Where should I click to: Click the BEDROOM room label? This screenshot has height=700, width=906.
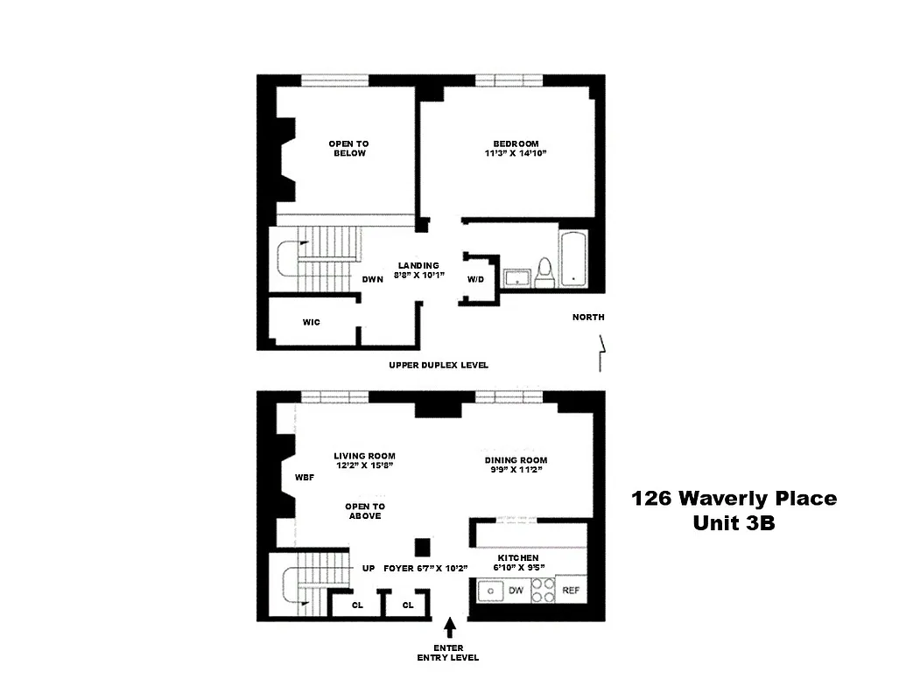pos(516,143)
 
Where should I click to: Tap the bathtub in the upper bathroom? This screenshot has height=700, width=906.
pos(572,260)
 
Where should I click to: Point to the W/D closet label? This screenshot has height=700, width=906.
pos(475,280)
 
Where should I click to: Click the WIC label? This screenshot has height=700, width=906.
pos(311,322)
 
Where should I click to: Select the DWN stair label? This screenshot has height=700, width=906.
pos(373,280)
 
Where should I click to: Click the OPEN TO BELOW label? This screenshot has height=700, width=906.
pos(348,149)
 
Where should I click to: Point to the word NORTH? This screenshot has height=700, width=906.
pos(588,317)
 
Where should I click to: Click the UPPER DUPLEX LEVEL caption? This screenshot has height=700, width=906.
pos(439,365)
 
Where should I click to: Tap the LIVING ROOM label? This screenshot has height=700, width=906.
pos(364,456)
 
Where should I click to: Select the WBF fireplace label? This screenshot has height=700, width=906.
pos(305,478)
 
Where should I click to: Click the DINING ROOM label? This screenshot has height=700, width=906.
pos(516,460)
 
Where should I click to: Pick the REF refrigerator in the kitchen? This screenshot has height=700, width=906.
pos(570,591)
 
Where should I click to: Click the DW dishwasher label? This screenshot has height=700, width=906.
pos(516,591)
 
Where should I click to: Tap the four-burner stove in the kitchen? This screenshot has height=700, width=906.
pos(543,591)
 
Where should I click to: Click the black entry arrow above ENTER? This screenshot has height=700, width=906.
pos(451,627)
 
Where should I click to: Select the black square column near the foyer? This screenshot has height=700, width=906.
pos(423,547)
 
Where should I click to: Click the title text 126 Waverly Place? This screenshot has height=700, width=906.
pos(734,499)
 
